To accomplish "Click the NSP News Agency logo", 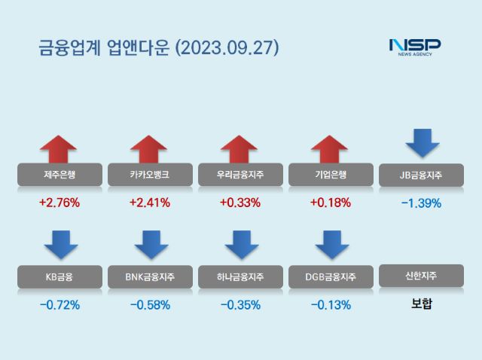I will [x=414, y=46].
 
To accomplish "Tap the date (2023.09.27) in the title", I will [x=227, y=47].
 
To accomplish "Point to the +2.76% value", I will [x=59, y=203].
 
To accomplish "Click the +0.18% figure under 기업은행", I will [x=331, y=203].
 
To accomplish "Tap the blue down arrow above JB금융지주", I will [x=422, y=142].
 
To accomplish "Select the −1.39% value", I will [x=421, y=203].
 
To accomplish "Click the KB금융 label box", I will [x=59, y=276].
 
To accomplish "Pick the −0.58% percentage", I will [x=150, y=305].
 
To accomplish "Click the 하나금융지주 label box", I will [x=240, y=276].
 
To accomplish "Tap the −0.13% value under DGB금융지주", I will [x=331, y=305].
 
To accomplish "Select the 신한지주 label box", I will [x=421, y=276].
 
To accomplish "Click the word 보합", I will [x=421, y=305].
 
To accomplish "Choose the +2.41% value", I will [x=150, y=203].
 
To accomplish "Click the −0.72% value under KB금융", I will [x=59, y=305].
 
